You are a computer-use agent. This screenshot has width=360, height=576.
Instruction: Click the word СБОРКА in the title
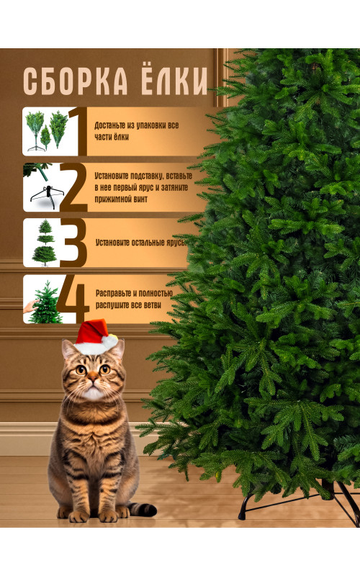click(76, 81)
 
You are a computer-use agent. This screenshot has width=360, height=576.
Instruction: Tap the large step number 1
click(78, 131)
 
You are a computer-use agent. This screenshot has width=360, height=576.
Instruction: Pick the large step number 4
click(73, 300)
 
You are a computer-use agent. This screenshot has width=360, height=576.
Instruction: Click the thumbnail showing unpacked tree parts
click(47, 131)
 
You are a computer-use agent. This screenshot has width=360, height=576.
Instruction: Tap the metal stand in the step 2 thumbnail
click(47, 196)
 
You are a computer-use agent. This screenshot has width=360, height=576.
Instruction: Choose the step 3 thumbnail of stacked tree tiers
click(45, 243)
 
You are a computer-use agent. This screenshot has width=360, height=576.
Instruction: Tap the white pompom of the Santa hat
click(110, 341)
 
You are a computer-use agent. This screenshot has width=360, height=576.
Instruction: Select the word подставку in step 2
click(145, 176)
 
